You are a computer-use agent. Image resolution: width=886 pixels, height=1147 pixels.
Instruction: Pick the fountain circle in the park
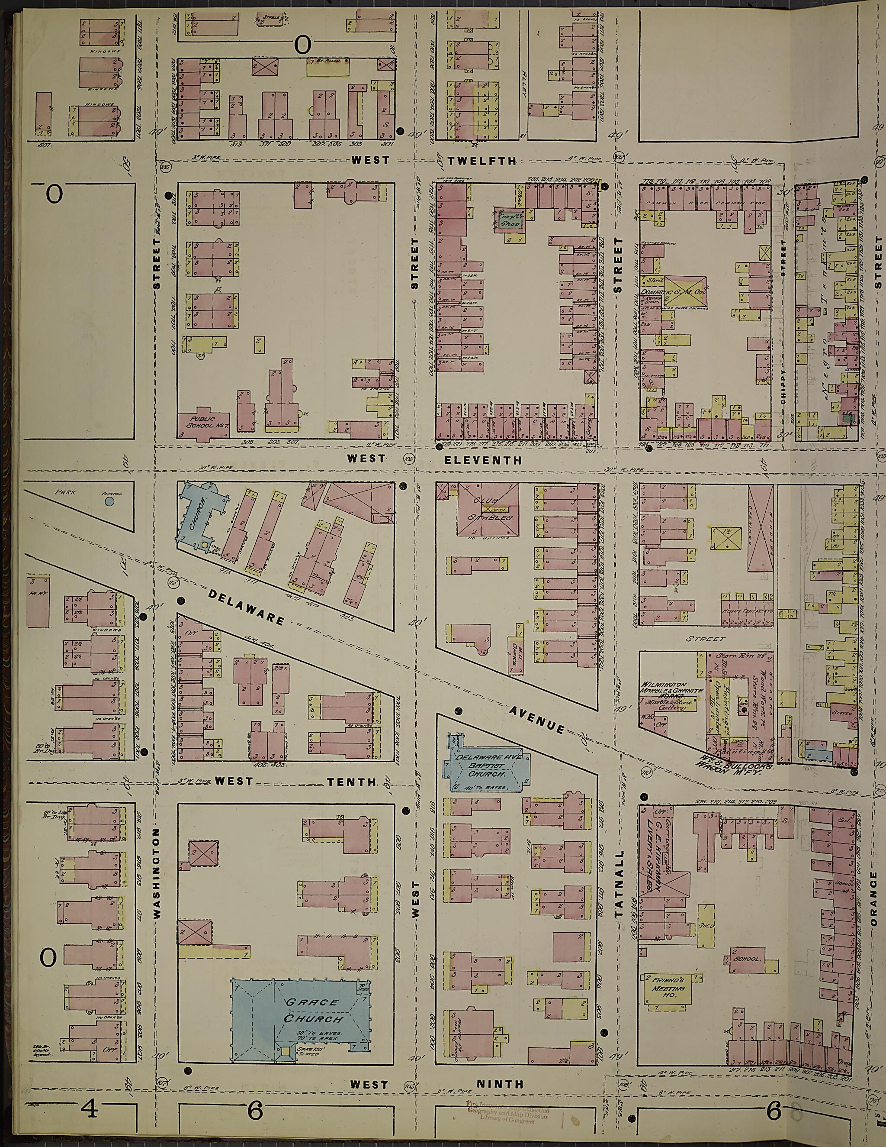tap(109, 501)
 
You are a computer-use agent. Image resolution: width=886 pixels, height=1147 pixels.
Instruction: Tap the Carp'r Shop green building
tap(508, 219)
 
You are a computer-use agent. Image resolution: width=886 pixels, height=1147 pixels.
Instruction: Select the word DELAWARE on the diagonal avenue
tap(246, 607)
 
